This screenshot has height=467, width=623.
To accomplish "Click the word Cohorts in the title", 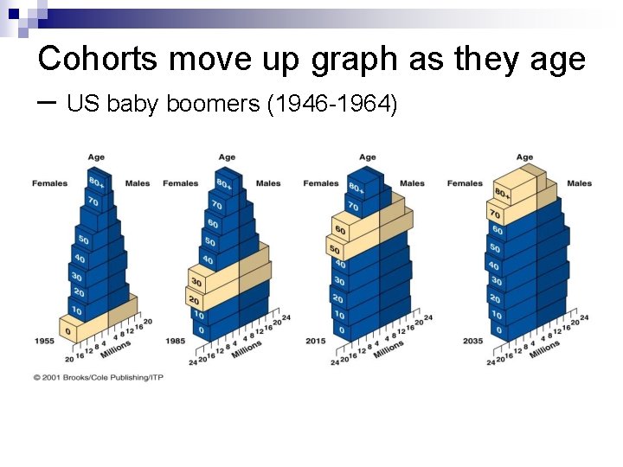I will [x=98, y=59].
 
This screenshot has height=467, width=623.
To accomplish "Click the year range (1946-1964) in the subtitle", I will [x=332, y=106].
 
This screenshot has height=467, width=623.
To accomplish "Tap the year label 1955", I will [x=44, y=341].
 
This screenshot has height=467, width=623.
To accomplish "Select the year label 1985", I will [x=176, y=341].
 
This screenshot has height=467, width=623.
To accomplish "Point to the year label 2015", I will [x=316, y=341].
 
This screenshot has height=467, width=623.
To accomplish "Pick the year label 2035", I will [x=472, y=341].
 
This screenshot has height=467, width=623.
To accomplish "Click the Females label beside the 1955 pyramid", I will [x=49, y=183].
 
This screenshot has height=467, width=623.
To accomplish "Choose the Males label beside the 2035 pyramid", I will [x=579, y=183].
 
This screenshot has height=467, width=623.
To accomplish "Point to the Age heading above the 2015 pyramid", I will [x=367, y=157].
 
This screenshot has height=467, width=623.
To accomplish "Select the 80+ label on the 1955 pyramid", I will [x=96, y=183].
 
